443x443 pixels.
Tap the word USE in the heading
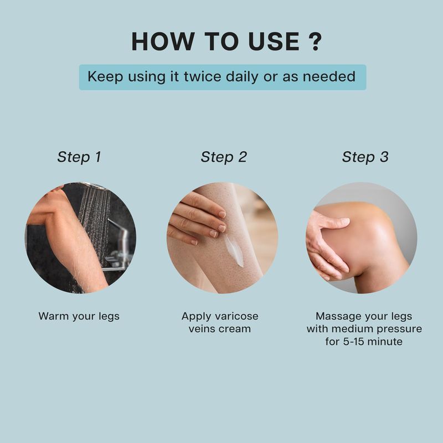pyautogui.click(x=274, y=42)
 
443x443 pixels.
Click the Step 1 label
pyautogui.click(x=79, y=157)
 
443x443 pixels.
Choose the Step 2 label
pyautogui.click(x=224, y=157)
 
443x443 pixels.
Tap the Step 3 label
pyautogui.click(x=365, y=157)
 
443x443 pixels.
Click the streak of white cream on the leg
pyautogui.click(x=234, y=250)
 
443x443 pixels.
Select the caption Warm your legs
pyautogui.click(x=79, y=316)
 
